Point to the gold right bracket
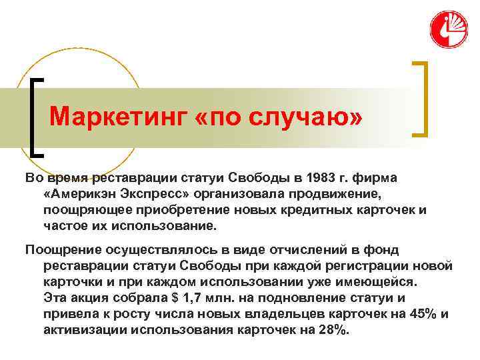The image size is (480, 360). pyautogui.click(x=420, y=99)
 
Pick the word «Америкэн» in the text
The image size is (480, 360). pyautogui.click(x=80, y=194)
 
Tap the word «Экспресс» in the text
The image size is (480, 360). pyautogui.click(x=153, y=194)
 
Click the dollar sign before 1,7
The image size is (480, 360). pyautogui.click(x=173, y=297)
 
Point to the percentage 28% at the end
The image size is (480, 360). pyautogui.click(x=334, y=329)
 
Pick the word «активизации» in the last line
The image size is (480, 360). pyautogui.click(x=85, y=329)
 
